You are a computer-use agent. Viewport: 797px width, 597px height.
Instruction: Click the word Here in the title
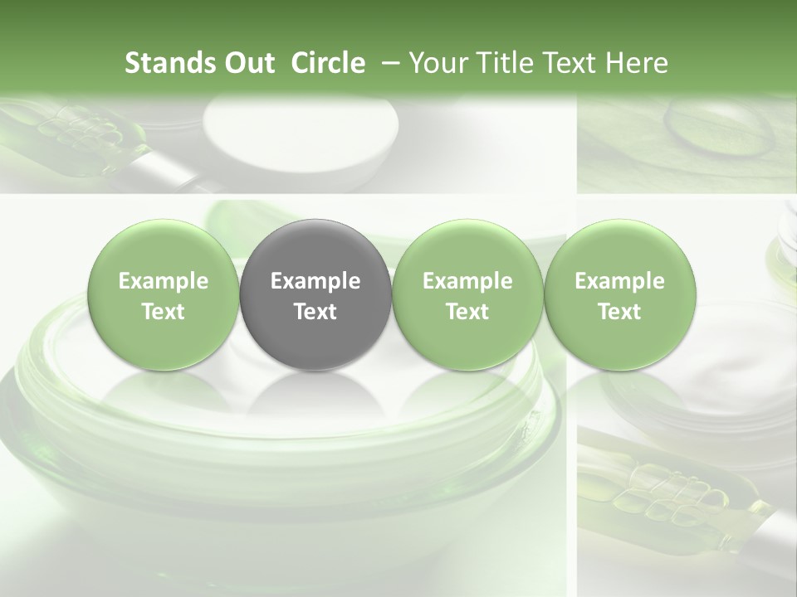(x=637, y=63)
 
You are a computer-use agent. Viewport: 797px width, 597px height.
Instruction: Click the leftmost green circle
(x=164, y=295)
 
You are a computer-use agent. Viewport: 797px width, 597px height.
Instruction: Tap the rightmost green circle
(x=619, y=295)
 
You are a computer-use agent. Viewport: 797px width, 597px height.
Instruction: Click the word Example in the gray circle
(x=315, y=281)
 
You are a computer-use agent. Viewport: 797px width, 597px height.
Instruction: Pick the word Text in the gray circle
(x=315, y=312)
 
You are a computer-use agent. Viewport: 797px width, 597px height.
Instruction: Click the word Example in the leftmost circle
(x=164, y=281)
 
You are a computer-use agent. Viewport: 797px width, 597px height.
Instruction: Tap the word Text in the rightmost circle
(x=619, y=312)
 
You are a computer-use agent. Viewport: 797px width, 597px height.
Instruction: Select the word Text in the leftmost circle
(x=164, y=312)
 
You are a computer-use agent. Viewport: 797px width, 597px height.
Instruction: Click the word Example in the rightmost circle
(x=619, y=281)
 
